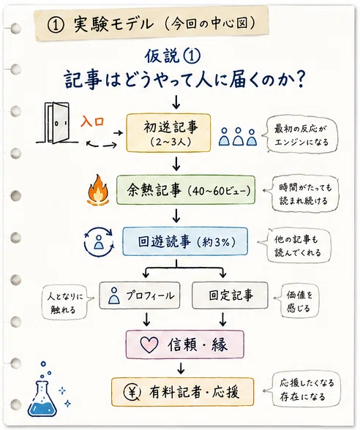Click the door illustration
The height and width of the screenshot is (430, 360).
click(57, 123)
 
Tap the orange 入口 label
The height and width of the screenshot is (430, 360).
click(92, 121)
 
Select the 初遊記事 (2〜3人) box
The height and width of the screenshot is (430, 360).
click(168, 133)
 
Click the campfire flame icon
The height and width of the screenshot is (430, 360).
click(98, 190)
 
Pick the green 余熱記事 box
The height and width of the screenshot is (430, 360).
click(186, 190)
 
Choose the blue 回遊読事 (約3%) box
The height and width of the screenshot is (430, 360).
click(185, 241)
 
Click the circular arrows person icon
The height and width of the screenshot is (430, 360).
click(99, 242)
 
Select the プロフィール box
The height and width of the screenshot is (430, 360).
click(140, 295)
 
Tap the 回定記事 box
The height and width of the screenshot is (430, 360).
click(230, 295)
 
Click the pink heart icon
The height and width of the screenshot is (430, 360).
click(149, 344)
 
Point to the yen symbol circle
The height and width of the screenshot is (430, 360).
click(132, 393)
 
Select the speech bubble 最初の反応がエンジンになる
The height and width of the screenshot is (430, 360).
click(301, 135)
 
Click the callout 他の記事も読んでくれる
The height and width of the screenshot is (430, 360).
click(296, 246)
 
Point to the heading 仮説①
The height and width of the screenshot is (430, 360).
click(173, 56)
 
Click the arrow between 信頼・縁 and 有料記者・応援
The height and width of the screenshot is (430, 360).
click(181, 368)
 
